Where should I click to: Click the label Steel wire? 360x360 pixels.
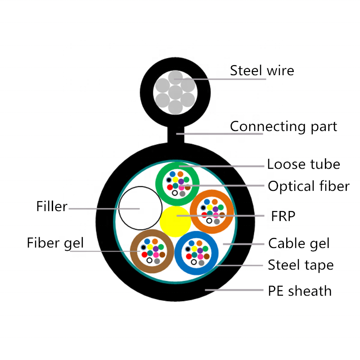[x=262, y=70]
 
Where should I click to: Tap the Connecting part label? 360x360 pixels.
[x=283, y=126]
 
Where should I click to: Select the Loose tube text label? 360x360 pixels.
[x=303, y=164]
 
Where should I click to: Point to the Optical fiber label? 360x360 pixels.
[x=309, y=186]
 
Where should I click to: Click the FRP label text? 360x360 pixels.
[x=283, y=216]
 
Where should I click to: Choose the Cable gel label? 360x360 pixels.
[x=299, y=243]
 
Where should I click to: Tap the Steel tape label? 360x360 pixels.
[x=301, y=265]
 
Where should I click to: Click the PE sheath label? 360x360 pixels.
[x=300, y=291]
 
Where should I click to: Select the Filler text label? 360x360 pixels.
[x=52, y=206]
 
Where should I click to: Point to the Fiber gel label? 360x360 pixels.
[x=55, y=243]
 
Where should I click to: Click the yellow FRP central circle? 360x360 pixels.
[x=175, y=221]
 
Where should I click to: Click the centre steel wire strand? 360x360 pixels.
[x=175, y=92]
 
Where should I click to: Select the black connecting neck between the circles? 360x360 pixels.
[x=176, y=135]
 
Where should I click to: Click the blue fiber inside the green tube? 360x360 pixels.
[x=173, y=174]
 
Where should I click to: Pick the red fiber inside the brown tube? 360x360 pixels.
[x=144, y=255]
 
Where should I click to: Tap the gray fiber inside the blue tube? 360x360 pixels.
[x=201, y=263]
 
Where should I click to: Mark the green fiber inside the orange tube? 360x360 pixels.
[x=221, y=207]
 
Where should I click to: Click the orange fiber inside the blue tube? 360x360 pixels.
[x=199, y=243]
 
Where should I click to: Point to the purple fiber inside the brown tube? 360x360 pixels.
[x=156, y=249]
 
